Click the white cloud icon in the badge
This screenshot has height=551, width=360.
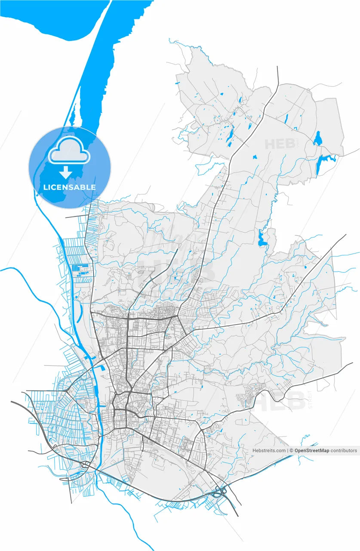pyautogui.click(x=69, y=151)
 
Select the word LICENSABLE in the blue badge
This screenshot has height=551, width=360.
pyautogui.click(x=70, y=187)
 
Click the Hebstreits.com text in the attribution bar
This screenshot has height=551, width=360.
pyautogui.click(x=269, y=450)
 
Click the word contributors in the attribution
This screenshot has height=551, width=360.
pyautogui.click(x=344, y=450)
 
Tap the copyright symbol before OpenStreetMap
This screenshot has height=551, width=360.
pyautogui.click(x=291, y=450)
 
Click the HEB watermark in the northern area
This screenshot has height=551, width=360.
pyautogui.click(x=282, y=144)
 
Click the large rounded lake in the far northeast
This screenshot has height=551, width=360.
pyautogui.click(x=318, y=139)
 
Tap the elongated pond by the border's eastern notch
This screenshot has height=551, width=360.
pyautogui.click(x=261, y=238)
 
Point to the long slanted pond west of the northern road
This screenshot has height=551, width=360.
pyautogui.click(x=230, y=137)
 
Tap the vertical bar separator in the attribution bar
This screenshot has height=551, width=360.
pyautogui.click(x=287, y=450)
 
